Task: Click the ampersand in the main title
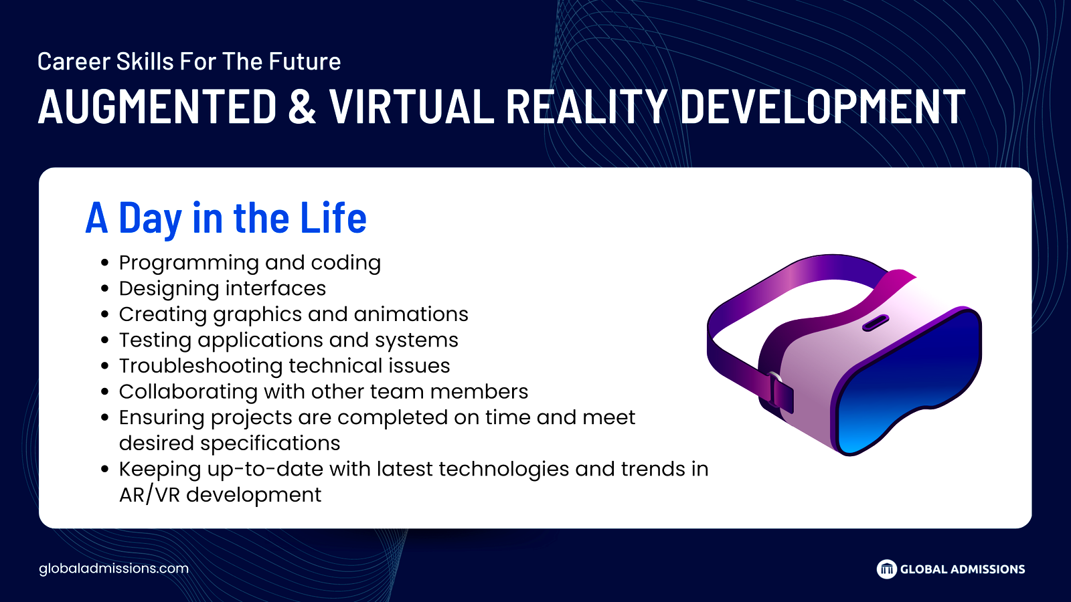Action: pos(302,106)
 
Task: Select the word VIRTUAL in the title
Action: pos(412,106)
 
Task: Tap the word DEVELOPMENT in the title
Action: pos(823,106)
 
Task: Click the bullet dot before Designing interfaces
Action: pos(105,288)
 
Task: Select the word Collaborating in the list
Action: pos(188,393)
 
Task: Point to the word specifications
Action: pos(270,444)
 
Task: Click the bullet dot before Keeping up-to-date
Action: pos(105,469)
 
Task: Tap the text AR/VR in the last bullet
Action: pos(149,495)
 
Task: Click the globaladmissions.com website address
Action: pos(114,569)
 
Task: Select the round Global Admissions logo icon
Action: pos(886,569)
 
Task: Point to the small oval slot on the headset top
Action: pos(876,322)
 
